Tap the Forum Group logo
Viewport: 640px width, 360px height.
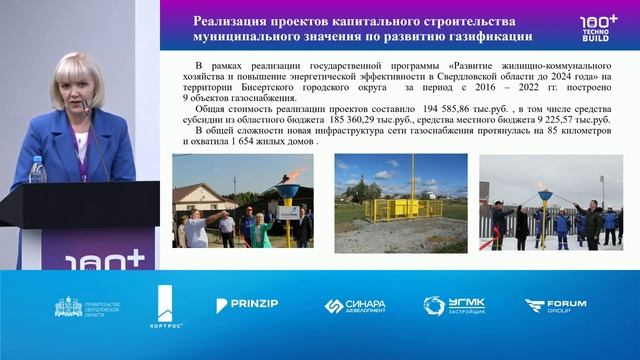click(x=557, y=306)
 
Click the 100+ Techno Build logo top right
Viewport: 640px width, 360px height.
click(x=599, y=26)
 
